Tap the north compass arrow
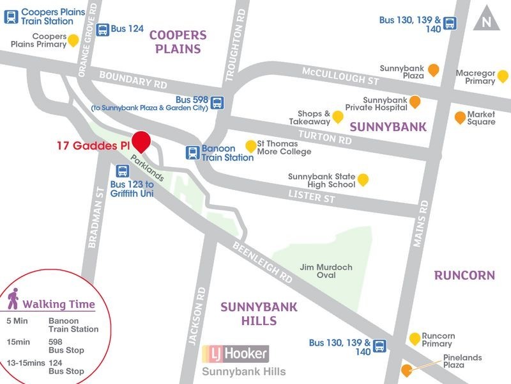click(487, 20)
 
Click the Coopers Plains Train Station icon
click(11, 16)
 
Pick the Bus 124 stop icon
click(103, 29)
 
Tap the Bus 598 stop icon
click(218, 102)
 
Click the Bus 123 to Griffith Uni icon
click(122, 171)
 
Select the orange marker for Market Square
click(459, 117)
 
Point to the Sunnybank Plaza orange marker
click(433, 70)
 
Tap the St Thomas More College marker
click(251, 146)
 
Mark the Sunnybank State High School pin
click(363, 180)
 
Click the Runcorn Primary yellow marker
click(415, 338)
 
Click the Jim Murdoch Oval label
click(317, 271)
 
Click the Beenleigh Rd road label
click(262, 262)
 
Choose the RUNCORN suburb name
click(464, 275)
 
